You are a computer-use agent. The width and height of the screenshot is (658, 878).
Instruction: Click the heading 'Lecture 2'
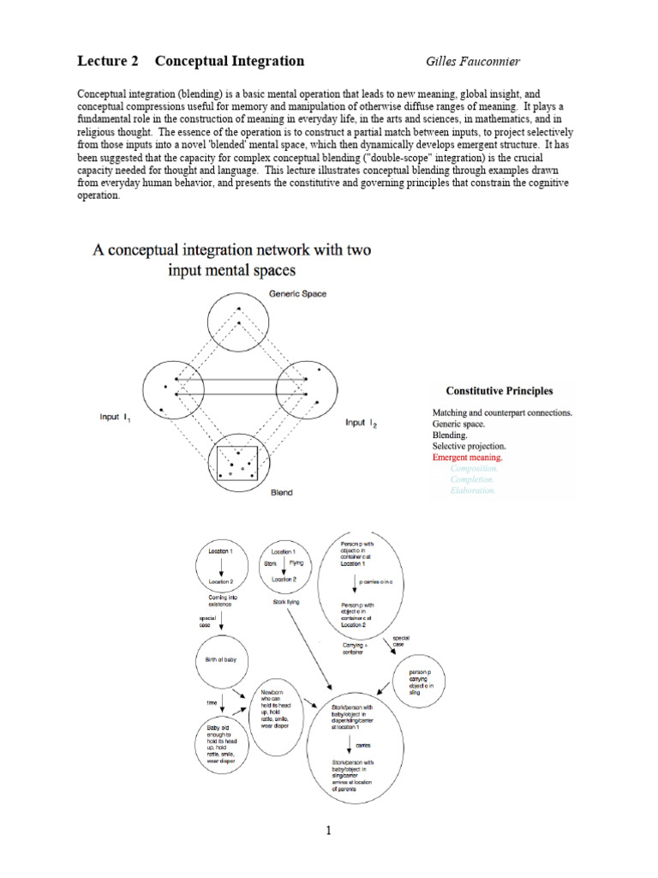tap(107, 61)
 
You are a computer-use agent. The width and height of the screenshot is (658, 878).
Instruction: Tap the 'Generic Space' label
tap(297, 294)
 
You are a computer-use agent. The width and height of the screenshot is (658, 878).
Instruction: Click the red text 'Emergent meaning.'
tap(467, 458)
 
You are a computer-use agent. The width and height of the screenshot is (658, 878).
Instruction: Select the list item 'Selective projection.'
tap(469, 447)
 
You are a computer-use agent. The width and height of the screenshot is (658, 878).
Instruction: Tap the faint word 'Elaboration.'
tap(473, 491)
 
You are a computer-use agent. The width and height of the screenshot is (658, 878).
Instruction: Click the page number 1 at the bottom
tap(328, 830)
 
